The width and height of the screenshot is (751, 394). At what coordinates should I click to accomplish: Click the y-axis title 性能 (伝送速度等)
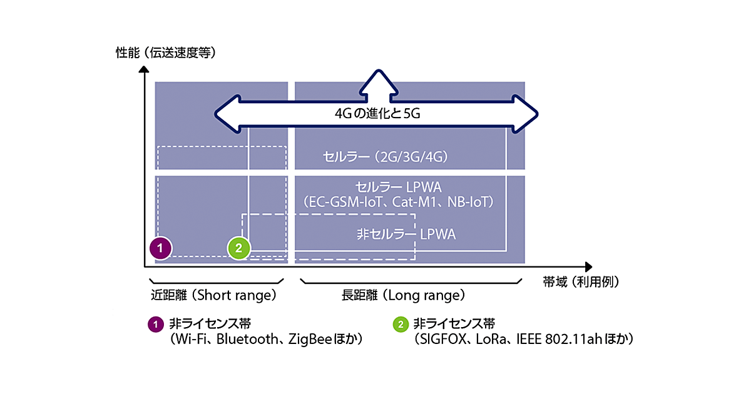166,53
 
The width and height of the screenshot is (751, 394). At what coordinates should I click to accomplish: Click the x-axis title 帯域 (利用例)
581,281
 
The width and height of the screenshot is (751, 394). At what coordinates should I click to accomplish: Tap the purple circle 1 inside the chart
161,248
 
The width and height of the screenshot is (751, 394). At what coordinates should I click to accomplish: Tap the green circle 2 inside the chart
238,248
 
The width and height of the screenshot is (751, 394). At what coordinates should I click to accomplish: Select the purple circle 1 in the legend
154,324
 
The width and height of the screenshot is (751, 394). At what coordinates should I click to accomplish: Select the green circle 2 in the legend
399,324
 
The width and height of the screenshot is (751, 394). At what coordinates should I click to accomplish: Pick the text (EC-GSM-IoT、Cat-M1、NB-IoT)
398,202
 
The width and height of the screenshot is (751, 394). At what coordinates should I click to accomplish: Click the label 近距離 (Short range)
213,294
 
